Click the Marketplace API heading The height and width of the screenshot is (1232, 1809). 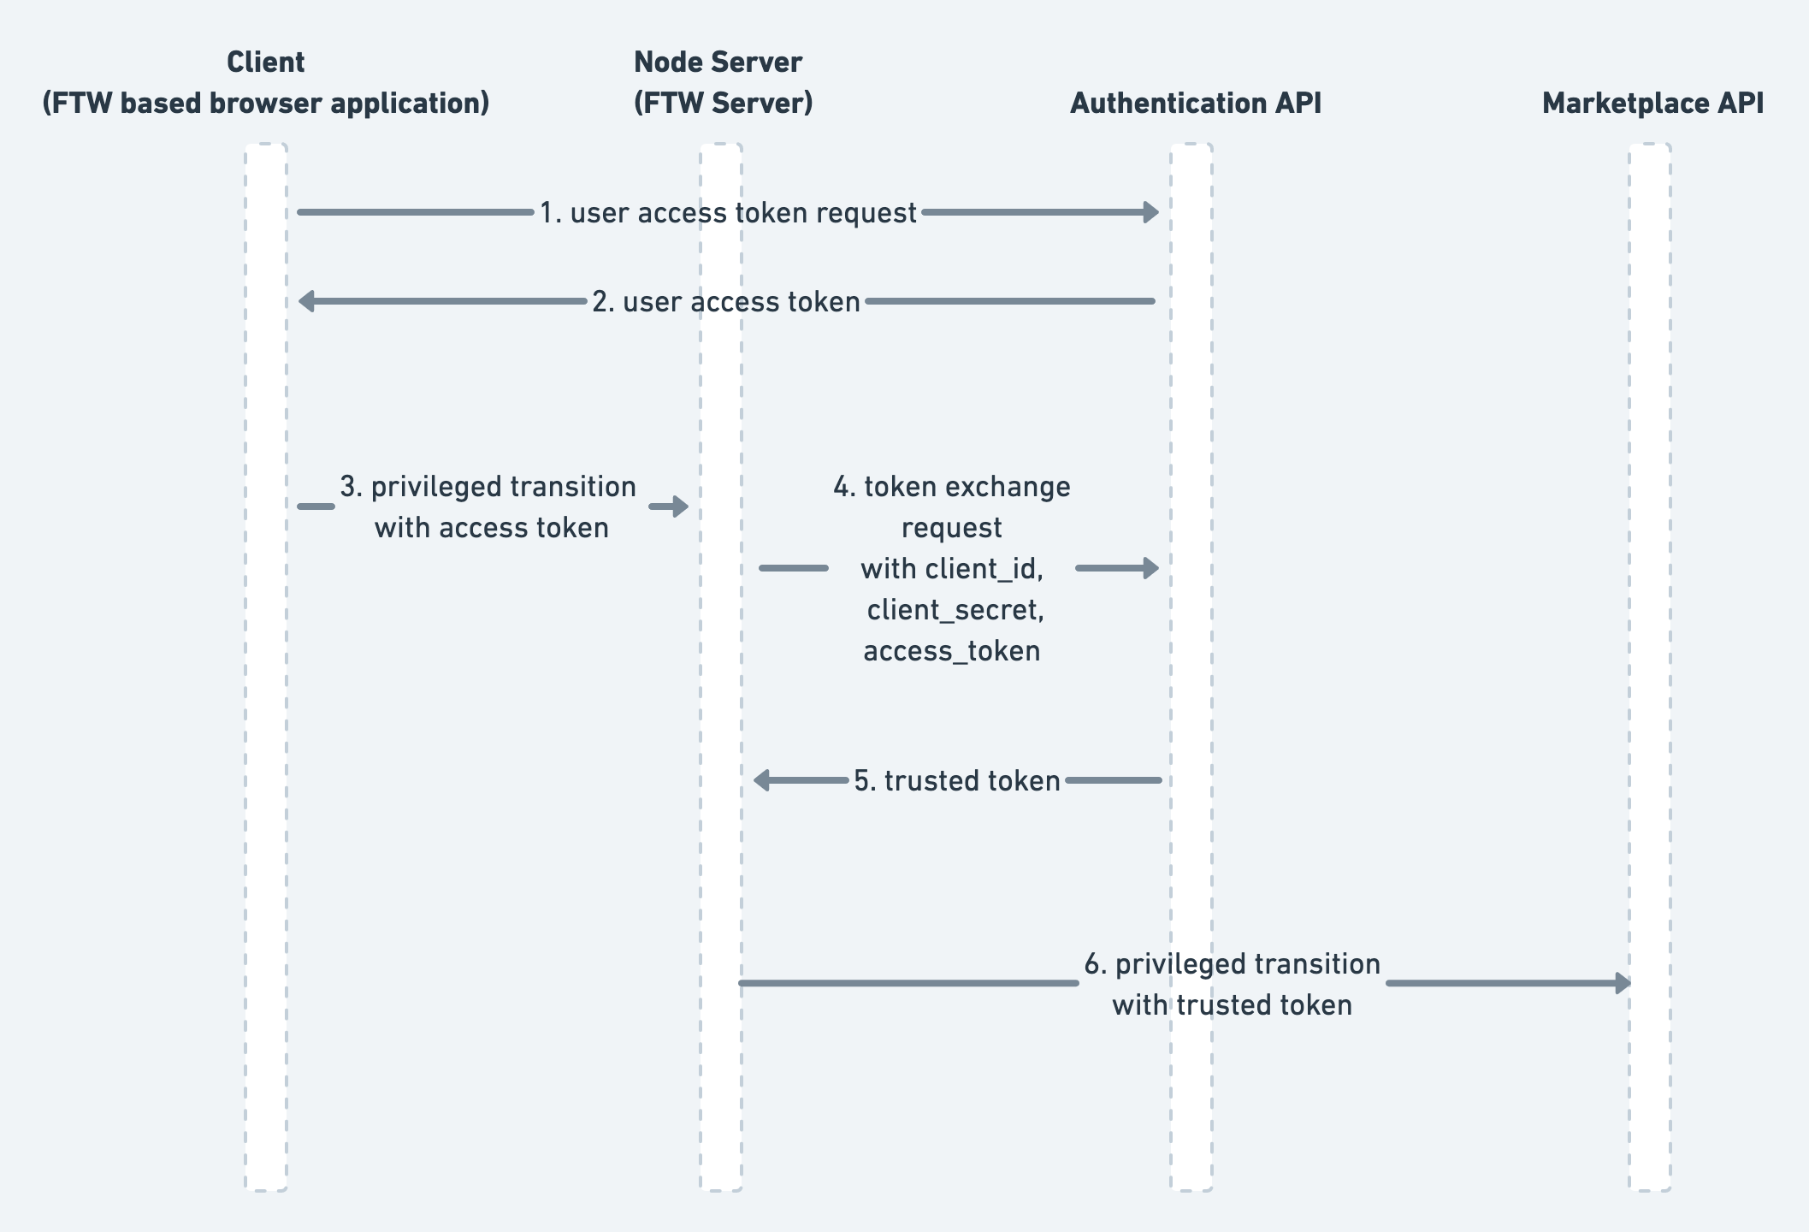click(1652, 104)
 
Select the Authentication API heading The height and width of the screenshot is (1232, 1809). click(1195, 104)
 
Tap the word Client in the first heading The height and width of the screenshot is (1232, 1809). click(265, 62)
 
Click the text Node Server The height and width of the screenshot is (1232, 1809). click(718, 62)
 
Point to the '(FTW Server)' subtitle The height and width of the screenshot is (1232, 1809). click(723, 104)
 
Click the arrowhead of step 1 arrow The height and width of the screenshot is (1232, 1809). click(1151, 212)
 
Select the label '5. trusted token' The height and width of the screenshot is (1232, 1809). click(957, 780)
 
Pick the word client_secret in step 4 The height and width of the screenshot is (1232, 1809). click(955, 610)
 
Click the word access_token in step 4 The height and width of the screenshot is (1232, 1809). click(951, 651)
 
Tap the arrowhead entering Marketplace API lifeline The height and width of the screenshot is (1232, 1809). click(1623, 983)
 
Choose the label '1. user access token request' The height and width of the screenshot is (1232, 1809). click(728, 212)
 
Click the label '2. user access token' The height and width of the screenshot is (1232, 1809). click(726, 301)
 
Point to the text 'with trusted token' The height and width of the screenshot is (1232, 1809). click(1232, 1004)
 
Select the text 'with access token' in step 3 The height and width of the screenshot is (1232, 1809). click(491, 528)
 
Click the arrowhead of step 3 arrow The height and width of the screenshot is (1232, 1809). click(681, 506)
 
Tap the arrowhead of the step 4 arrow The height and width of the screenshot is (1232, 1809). click(1151, 568)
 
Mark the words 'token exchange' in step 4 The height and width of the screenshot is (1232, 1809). click(967, 487)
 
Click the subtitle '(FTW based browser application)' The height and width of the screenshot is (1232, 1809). click(265, 104)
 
